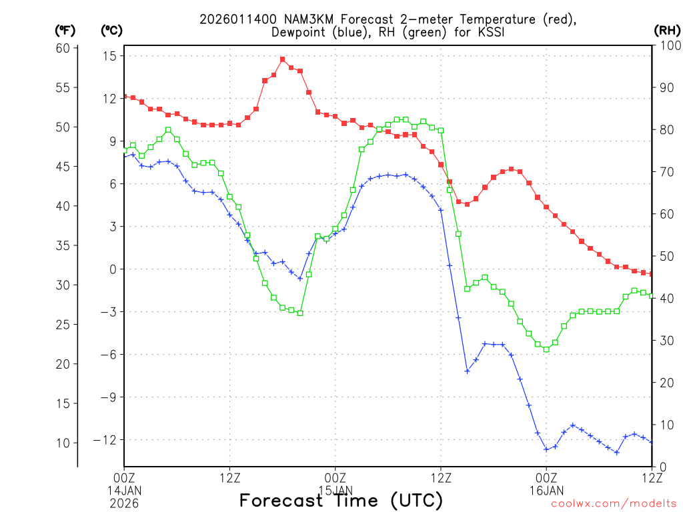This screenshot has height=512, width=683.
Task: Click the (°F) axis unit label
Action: (65, 30)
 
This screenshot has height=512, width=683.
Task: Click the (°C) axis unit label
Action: (111, 30)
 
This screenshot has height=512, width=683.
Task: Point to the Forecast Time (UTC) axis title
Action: (341, 499)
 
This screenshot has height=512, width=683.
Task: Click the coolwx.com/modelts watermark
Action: (613, 503)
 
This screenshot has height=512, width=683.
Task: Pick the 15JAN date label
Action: (335, 490)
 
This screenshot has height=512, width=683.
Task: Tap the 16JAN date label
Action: (546, 490)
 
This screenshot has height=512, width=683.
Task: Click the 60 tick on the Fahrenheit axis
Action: (63, 48)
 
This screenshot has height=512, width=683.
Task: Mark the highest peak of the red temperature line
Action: (282, 59)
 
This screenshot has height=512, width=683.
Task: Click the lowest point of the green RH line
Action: (546, 349)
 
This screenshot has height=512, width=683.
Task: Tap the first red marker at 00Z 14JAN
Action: (124, 97)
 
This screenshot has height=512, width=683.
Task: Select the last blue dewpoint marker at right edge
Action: (652, 442)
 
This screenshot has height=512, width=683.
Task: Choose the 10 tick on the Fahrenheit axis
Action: (63, 443)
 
